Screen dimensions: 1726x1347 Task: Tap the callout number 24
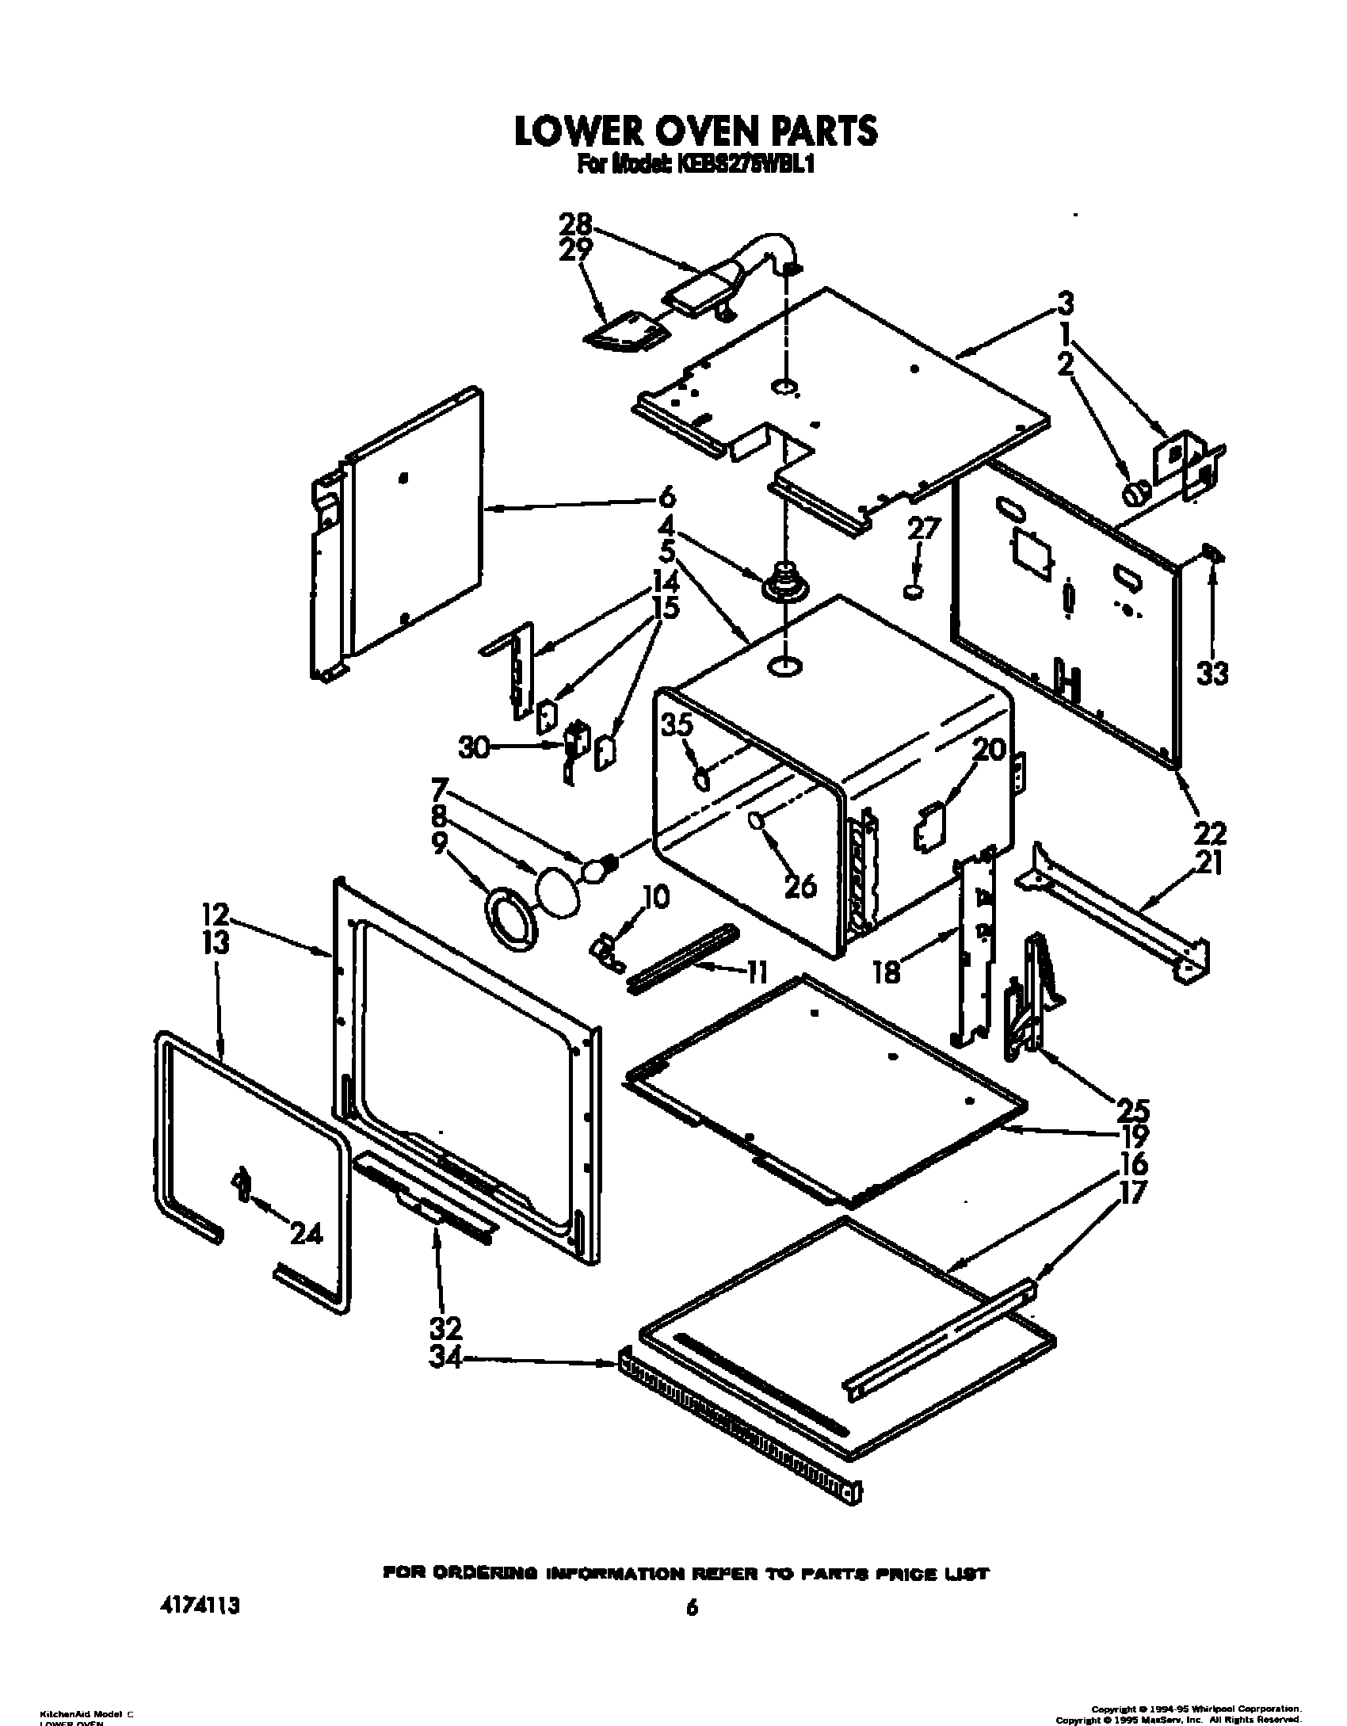click(306, 1233)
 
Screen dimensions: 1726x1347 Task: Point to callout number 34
click(445, 1357)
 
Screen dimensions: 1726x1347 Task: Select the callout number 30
click(475, 747)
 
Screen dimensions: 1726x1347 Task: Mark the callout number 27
click(923, 529)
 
